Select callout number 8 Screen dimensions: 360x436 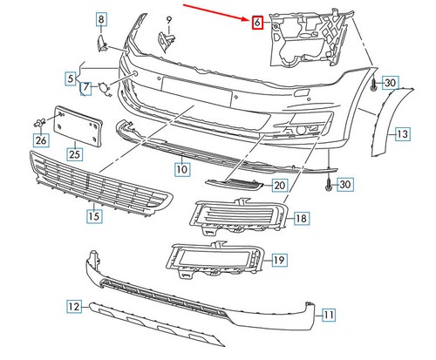click(x=101, y=19)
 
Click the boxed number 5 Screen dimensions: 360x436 click(x=71, y=79)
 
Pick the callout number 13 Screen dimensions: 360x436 click(x=402, y=134)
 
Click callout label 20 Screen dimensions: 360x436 click(x=279, y=185)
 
